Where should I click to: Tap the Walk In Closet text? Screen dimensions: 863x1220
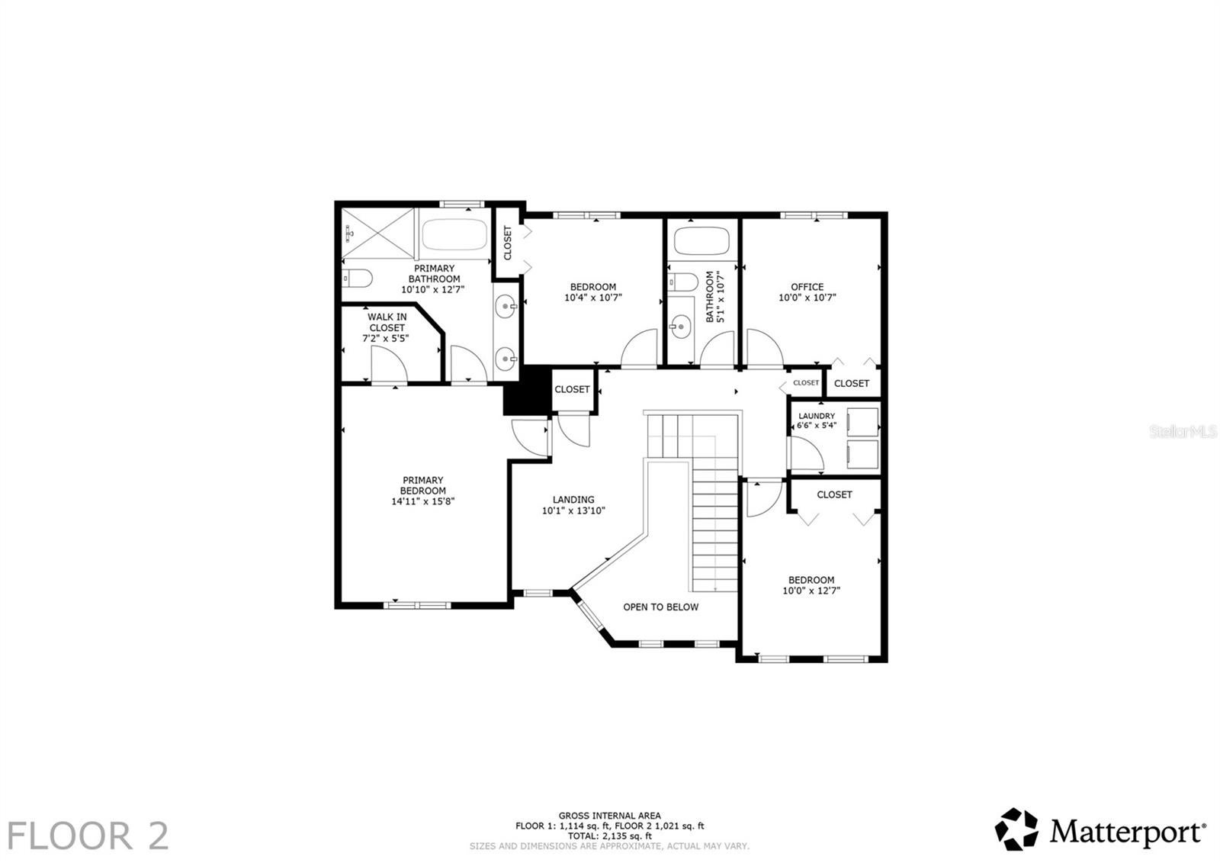point(387,322)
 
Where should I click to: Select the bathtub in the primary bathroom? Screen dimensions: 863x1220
point(454,235)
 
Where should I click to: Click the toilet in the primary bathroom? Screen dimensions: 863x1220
point(356,279)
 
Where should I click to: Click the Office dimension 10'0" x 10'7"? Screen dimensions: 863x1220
point(807,298)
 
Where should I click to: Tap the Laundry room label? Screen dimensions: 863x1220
point(816,416)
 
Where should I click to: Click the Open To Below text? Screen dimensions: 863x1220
point(660,607)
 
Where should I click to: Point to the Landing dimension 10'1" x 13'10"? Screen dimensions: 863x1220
point(573,511)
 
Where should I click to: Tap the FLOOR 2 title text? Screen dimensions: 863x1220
point(88,836)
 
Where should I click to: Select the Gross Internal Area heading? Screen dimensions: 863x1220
point(609,816)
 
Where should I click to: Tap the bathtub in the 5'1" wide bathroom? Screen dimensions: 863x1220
point(701,240)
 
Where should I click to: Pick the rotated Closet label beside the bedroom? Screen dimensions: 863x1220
point(508,243)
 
